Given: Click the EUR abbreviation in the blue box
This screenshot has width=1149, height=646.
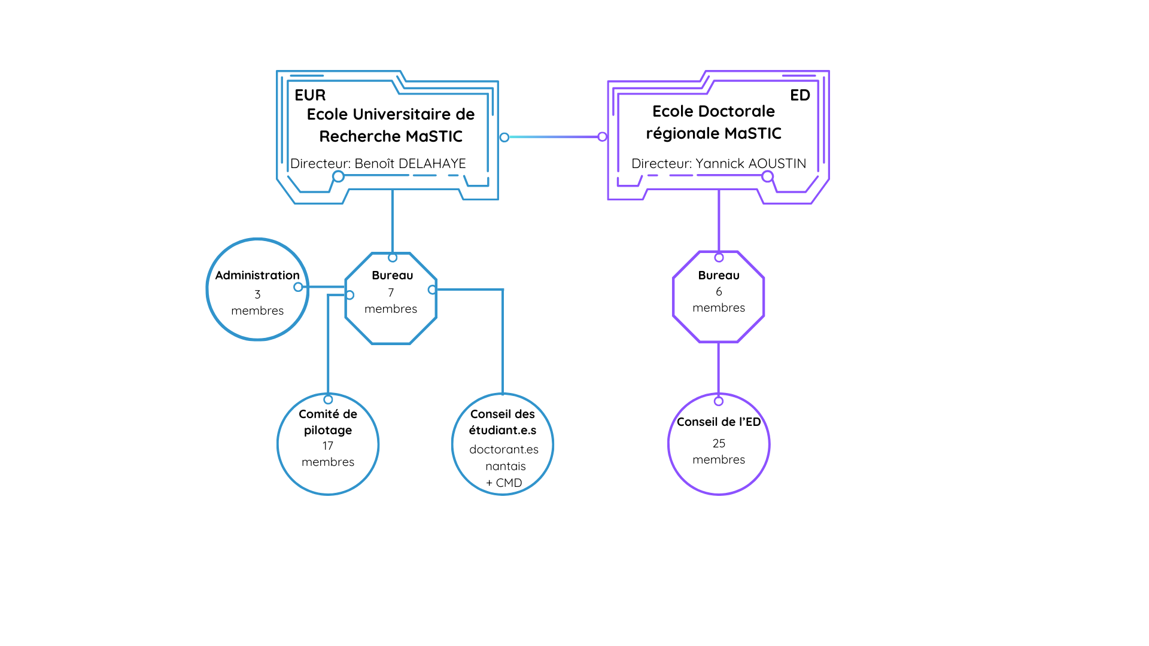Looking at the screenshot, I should [x=310, y=95].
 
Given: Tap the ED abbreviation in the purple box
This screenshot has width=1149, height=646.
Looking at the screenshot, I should [x=800, y=95].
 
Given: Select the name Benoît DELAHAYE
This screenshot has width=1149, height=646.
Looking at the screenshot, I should [x=410, y=163].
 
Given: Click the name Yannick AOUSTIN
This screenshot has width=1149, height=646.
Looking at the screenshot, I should [x=750, y=163].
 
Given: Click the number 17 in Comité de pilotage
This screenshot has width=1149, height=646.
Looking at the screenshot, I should [x=327, y=446].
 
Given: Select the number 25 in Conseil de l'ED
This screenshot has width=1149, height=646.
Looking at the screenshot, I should [x=719, y=443].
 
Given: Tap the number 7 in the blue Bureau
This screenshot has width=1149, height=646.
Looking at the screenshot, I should [x=391, y=292].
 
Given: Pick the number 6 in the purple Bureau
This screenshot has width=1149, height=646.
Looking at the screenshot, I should [x=719, y=291].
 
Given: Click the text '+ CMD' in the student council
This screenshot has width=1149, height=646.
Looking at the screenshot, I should [x=504, y=483].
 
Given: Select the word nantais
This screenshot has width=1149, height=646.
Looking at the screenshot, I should [x=505, y=466].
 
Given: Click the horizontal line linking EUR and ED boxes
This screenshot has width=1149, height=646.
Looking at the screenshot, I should [x=554, y=137].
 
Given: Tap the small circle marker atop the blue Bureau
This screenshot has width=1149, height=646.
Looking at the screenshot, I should [x=393, y=258].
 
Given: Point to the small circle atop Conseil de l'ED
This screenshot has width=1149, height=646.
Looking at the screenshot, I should [x=719, y=401].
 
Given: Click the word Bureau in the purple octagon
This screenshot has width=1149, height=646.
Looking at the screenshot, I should [x=719, y=275].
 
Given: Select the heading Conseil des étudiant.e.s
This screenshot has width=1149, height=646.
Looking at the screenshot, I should [x=503, y=422].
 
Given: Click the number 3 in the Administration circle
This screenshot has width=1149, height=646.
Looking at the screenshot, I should [x=257, y=294].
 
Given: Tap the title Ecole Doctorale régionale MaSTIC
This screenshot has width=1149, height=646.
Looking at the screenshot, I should [x=713, y=122].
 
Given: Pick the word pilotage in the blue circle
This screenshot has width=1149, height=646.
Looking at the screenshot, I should [x=327, y=430].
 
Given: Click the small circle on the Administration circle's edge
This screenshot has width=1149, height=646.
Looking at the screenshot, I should [x=298, y=287].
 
